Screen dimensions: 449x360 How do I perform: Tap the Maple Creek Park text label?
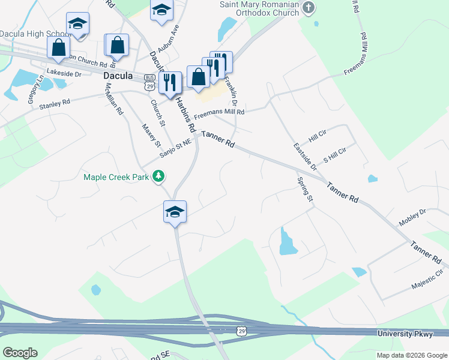(116, 177)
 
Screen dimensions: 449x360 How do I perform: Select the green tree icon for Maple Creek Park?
(158, 176)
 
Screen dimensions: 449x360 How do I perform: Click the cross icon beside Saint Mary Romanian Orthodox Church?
(309, 8)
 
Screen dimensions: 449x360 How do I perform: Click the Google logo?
(20, 353)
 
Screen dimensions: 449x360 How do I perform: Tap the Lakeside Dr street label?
(64, 73)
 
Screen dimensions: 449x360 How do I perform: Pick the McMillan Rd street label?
(113, 99)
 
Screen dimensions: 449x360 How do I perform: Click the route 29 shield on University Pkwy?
(241, 331)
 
